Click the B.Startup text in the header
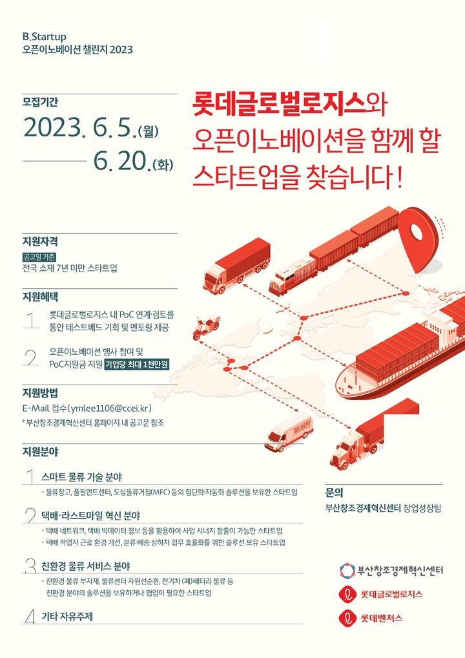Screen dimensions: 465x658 pos(45,37)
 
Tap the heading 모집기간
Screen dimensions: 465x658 pos(40,102)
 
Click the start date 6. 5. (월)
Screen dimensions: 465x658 pos(125,128)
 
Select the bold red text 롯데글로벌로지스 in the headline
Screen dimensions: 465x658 pos(278,104)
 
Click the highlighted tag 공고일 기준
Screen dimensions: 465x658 pos(39,257)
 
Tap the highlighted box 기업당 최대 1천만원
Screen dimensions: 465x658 pos(137,365)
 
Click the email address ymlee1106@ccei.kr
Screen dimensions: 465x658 pos(109,409)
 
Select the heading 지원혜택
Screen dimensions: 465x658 pos(40,297)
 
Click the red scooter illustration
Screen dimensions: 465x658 pos(205,326)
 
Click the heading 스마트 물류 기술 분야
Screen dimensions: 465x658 pos(82,477)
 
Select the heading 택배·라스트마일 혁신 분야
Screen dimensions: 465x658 pos(90,515)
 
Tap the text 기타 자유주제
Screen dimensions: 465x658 pos(67,617)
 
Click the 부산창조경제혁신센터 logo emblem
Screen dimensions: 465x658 pos(347,570)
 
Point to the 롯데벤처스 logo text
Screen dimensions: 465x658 pos(382,618)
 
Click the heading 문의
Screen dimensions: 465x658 pos(334,493)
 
